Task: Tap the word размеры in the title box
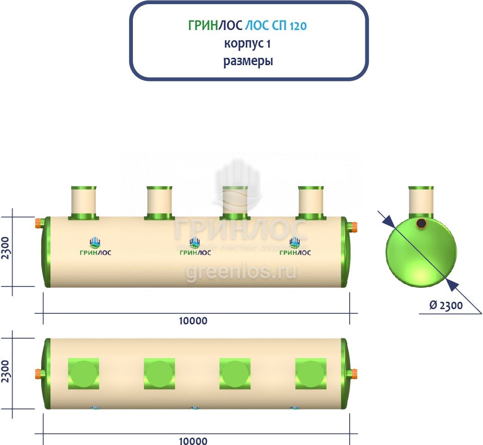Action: pos(248,61)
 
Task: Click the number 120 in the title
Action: pos(298,26)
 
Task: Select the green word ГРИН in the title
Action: pos(203,26)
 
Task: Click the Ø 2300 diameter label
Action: pos(445,305)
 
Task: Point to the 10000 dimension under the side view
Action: pos(193,321)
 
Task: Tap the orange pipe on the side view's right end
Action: pos(354,226)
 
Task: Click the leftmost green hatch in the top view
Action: pos(83,373)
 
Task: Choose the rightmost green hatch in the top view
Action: pos(311,373)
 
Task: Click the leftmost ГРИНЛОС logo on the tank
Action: pos(95,246)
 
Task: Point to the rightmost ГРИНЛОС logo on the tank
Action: pos(295,246)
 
